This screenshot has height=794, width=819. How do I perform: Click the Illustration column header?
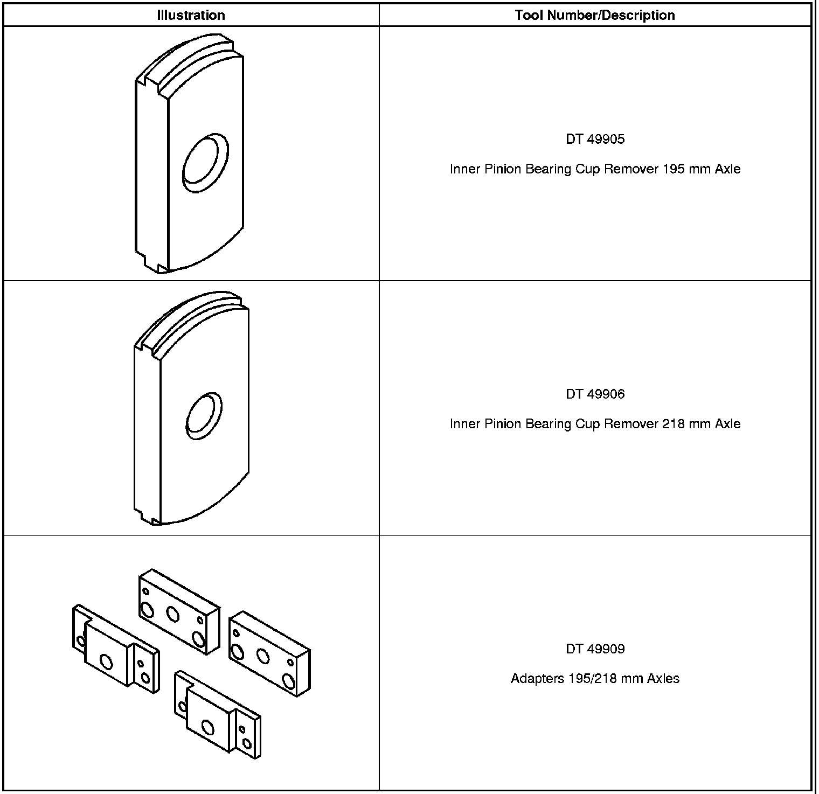click(x=191, y=15)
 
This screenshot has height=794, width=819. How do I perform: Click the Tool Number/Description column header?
click(x=595, y=15)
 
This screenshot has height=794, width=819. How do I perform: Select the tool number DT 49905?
click(x=595, y=139)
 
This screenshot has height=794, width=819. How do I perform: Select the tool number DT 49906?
click(x=595, y=394)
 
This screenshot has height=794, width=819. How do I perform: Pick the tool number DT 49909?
click(x=595, y=649)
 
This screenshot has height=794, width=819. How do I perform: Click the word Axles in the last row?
click(x=663, y=679)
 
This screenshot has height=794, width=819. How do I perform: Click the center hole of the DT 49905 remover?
click(x=204, y=162)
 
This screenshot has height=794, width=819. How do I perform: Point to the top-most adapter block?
click(x=179, y=612)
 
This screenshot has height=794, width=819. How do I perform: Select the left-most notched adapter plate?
click(x=114, y=650)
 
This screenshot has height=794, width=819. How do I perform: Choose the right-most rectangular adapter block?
click(x=269, y=653)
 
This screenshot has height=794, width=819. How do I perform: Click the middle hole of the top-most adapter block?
click(x=172, y=613)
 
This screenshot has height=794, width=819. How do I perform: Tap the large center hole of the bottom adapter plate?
click(x=208, y=728)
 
